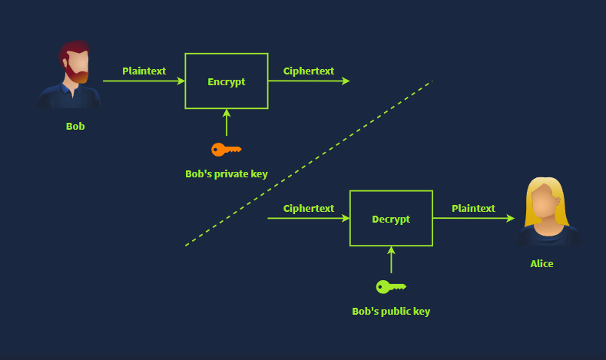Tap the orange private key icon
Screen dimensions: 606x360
pos(227,150)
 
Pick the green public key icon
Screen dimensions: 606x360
pos(391,287)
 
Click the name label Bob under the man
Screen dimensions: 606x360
pos(75,127)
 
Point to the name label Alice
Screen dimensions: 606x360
pos(541,264)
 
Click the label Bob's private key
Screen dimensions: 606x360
pos(227,174)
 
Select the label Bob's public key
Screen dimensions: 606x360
pos(391,312)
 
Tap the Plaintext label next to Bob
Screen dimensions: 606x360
pos(144,71)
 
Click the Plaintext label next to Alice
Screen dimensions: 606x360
pos(473,209)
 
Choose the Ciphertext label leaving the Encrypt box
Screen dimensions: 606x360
pos(309,71)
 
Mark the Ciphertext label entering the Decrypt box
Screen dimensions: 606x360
pos(309,209)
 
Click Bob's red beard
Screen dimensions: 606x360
pos(76,75)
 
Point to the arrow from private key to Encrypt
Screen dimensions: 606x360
pos(227,123)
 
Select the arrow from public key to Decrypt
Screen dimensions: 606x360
pos(391,260)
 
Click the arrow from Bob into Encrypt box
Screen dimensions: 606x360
pos(144,81)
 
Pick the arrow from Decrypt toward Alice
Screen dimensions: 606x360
pos(474,218)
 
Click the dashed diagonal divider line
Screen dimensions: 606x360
pos(309,163)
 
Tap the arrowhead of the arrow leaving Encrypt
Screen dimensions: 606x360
pos(346,81)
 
